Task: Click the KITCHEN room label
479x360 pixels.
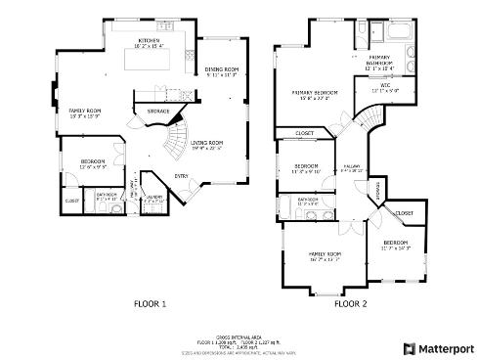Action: [149, 40]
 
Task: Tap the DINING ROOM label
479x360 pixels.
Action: [222, 69]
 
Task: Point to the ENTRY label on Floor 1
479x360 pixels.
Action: [182, 175]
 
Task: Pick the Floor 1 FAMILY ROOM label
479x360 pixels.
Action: [85, 112]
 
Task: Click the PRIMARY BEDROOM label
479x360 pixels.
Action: [314, 93]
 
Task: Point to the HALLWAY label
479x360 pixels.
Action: [353, 167]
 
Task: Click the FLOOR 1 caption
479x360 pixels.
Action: [150, 304]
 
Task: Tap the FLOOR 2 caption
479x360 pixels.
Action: [350, 304]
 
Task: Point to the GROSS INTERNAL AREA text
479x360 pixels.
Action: [239, 336]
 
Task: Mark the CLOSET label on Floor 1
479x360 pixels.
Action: [71, 201]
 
